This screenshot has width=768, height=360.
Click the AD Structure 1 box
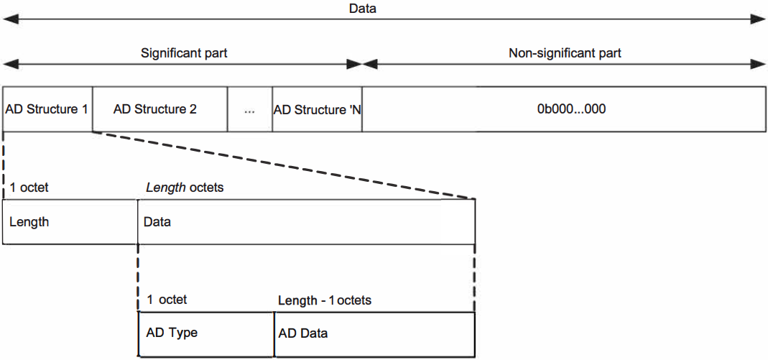(x=47, y=109)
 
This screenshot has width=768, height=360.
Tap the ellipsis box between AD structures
(x=249, y=110)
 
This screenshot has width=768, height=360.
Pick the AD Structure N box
(x=317, y=110)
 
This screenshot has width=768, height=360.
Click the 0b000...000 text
(x=571, y=109)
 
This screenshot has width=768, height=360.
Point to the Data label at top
(x=362, y=9)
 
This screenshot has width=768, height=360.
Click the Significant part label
(x=184, y=53)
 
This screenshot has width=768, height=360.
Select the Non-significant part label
(x=565, y=53)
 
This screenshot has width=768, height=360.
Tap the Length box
(x=70, y=222)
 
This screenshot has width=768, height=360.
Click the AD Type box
(x=205, y=333)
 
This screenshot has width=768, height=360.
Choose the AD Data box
(x=374, y=333)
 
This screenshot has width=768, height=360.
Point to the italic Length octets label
(x=185, y=188)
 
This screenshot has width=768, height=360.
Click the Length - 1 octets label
(x=325, y=300)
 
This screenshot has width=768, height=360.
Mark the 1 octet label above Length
(x=29, y=188)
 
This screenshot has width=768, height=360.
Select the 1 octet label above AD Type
(x=167, y=300)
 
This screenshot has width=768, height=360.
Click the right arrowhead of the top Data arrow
(x=759, y=20)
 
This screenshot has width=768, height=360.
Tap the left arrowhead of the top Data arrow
(x=10, y=20)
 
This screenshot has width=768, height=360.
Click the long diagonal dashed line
(x=284, y=165)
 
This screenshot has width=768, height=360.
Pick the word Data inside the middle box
(x=157, y=222)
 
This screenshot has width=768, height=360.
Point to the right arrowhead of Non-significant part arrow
(x=759, y=64)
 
